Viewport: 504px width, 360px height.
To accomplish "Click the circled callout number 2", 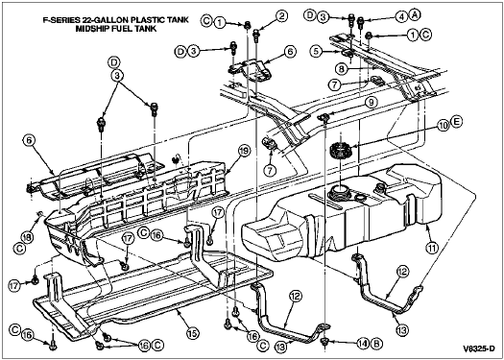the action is coord(281,17).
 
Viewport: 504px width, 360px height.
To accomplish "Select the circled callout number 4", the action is coord(401,16).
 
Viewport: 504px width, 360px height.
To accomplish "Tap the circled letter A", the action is coord(415,15).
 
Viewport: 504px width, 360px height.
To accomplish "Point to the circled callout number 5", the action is coord(318,52).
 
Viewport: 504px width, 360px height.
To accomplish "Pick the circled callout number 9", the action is coord(372,103).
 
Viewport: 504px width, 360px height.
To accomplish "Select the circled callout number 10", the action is coord(444,126).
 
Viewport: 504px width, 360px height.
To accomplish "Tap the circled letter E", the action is coord(457,122).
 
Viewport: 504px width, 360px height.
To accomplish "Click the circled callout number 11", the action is coord(432,248).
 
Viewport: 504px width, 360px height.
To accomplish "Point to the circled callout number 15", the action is coord(191,333).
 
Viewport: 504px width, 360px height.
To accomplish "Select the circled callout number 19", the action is coord(244,151).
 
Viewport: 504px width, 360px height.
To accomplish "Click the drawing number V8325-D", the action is coord(479,348).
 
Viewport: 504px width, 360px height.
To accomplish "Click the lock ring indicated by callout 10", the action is coord(341,151).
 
